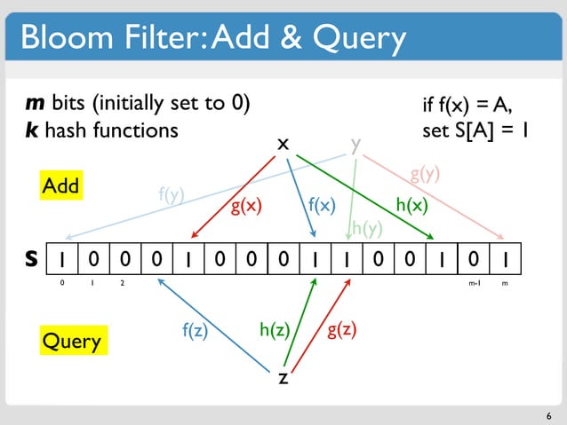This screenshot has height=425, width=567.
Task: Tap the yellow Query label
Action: click(73, 341)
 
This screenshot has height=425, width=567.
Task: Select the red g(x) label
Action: click(246, 209)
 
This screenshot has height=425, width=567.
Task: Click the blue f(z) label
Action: click(195, 331)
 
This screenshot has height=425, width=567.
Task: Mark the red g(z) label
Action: click(342, 330)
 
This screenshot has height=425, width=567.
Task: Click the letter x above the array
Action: click(283, 143)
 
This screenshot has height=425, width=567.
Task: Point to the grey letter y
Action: click(355, 144)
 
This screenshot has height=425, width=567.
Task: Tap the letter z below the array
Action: click(283, 378)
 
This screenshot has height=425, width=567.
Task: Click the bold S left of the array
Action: click(30, 261)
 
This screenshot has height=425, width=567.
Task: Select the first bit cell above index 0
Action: click(60, 260)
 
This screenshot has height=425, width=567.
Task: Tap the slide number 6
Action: click(549, 413)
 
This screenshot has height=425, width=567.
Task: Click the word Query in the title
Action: click(355, 37)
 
